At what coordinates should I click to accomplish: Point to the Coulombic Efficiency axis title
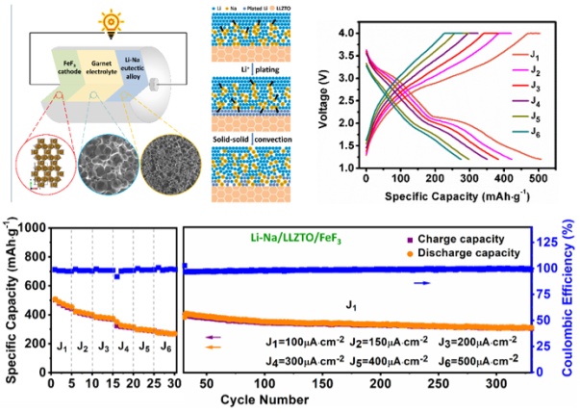569,299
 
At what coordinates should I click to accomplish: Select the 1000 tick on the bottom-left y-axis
29,228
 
